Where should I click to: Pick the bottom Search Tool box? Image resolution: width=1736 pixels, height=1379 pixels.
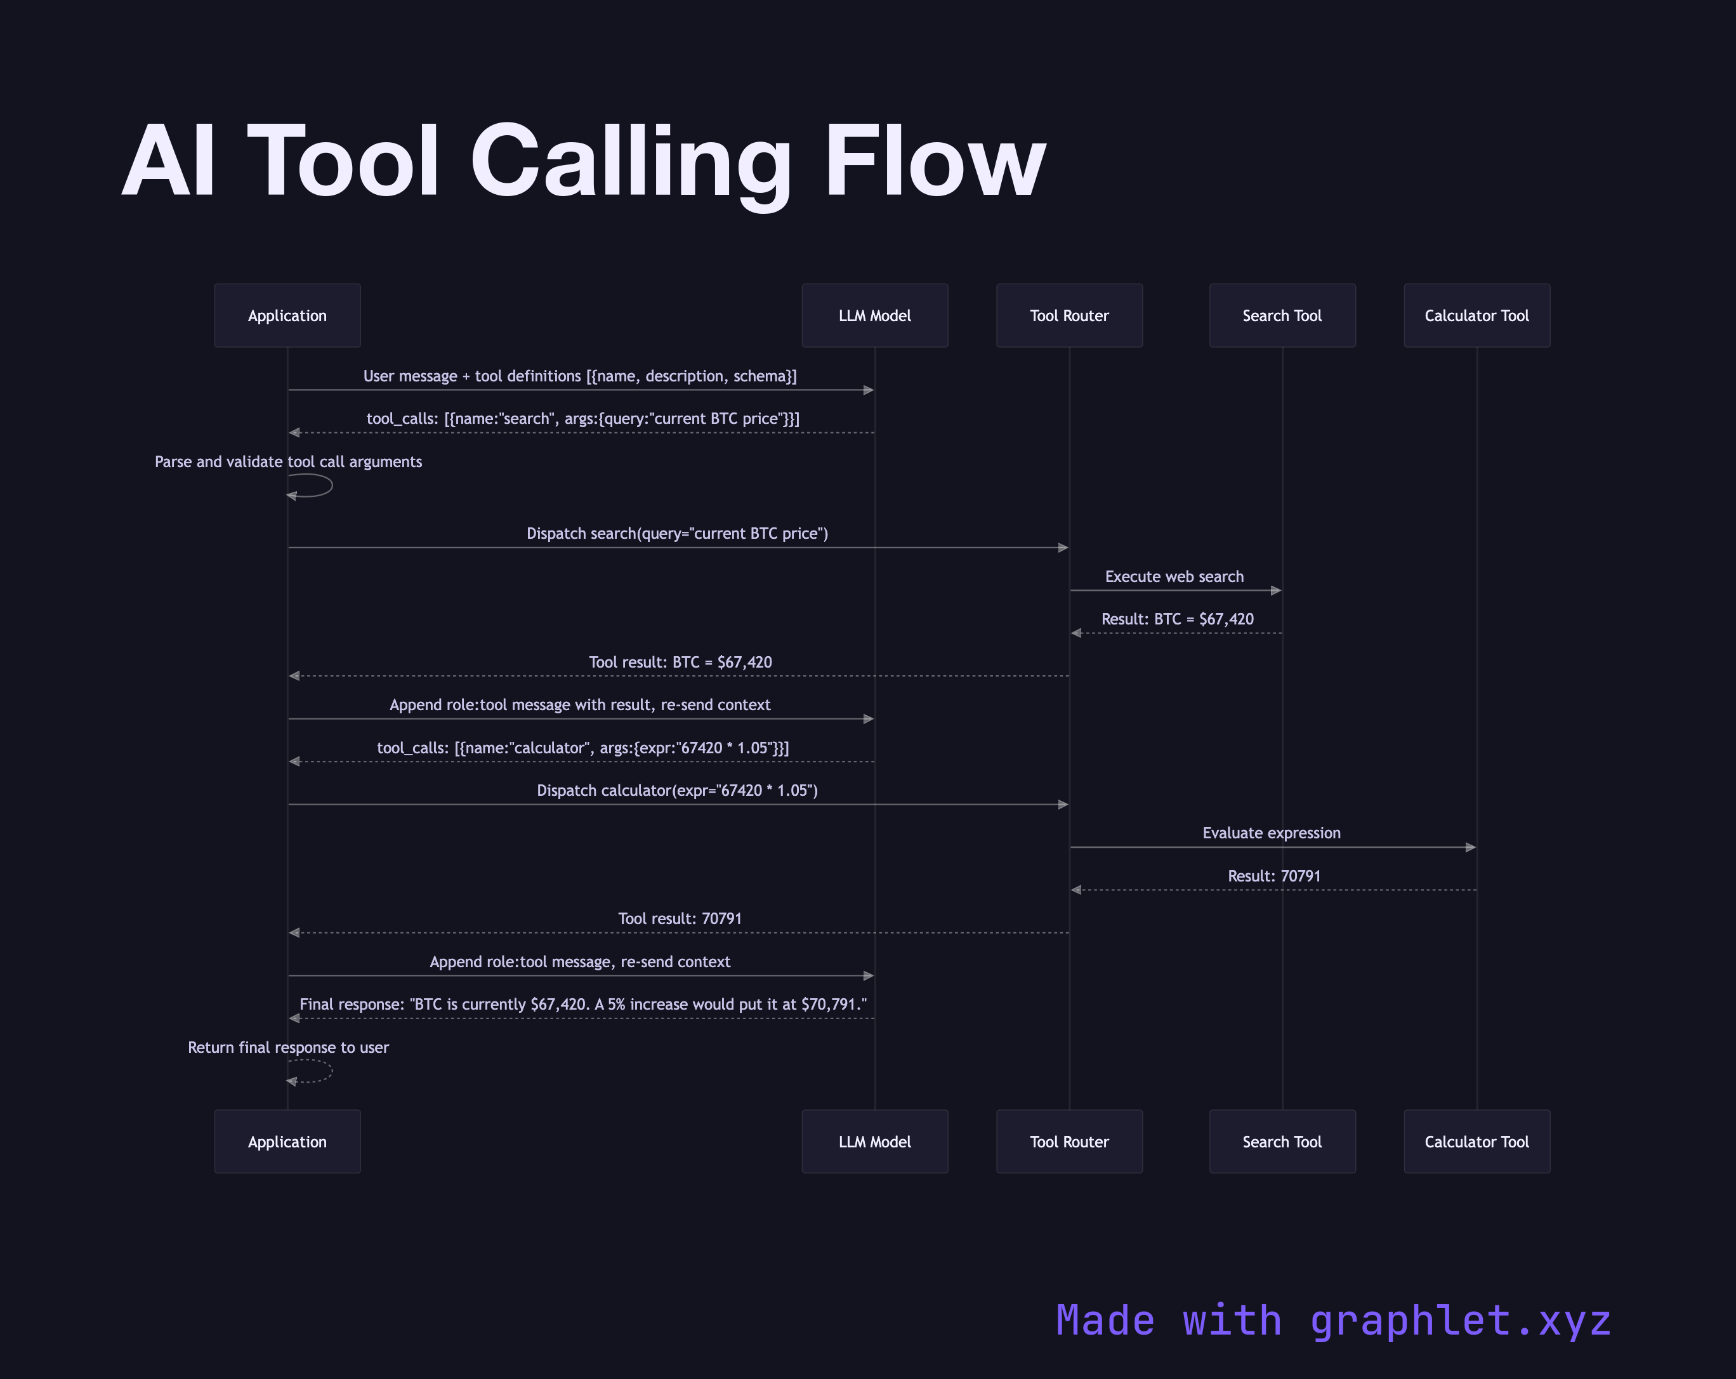(1282, 1142)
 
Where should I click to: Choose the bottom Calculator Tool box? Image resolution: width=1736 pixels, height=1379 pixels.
(1476, 1142)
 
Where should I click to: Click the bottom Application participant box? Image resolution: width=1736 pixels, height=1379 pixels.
(287, 1142)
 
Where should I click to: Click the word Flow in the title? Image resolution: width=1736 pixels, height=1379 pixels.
(934, 161)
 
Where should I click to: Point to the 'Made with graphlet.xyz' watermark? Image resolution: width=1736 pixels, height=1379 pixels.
(1332, 1321)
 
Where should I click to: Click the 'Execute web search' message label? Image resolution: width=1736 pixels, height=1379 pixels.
(1174, 577)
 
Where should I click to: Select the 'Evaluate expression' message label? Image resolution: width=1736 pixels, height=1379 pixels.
(1272, 833)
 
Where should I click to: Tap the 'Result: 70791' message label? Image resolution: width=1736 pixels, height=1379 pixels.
(1274, 876)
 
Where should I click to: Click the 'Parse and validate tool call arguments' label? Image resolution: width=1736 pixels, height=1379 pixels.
(288, 461)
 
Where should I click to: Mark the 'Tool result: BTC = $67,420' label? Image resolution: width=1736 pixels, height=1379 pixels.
(680, 662)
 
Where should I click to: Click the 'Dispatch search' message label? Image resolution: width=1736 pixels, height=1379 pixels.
(677, 533)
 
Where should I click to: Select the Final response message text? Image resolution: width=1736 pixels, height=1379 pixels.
(583, 1005)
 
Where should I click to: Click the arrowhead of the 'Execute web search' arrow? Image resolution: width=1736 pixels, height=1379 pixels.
(1275, 590)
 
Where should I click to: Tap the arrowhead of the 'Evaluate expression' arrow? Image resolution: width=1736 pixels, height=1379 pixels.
(1470, 847)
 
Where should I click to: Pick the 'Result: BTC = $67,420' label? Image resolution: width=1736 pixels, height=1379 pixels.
(1177, 619)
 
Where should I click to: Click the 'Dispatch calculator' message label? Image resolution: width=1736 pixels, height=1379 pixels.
(677, 790)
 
